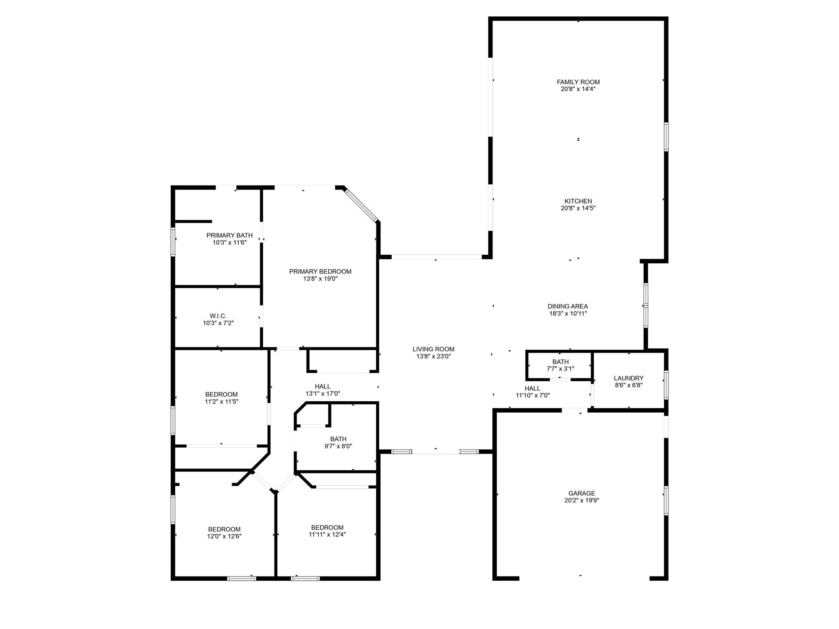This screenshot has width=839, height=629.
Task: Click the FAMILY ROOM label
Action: (578, 82)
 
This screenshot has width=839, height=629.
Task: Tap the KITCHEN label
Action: (578, 201)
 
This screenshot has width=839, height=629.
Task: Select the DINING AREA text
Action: (568, 306)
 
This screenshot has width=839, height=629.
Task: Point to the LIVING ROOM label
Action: (433, 349)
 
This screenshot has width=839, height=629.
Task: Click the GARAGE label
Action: (581, 493)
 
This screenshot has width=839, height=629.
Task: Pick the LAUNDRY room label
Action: (628, 378)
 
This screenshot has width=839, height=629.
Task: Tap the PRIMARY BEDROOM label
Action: (320, 272)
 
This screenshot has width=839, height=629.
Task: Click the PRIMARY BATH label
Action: (229, 235)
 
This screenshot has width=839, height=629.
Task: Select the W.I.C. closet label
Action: (218, 316)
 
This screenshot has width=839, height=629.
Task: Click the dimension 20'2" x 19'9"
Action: (581, 500)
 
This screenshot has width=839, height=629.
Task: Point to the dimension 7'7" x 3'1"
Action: (560, 369)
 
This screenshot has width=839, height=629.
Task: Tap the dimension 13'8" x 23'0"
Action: (433, 356)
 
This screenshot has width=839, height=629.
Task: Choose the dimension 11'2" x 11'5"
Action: (222, 402)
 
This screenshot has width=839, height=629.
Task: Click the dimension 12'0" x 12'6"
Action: (224, 536)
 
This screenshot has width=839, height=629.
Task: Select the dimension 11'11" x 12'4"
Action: (327, 534)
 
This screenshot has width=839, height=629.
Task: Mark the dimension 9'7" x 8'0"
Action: (338, 446)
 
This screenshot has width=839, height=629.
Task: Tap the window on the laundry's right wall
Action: (666, 385)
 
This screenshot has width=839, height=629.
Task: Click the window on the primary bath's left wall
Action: (173, 242)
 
